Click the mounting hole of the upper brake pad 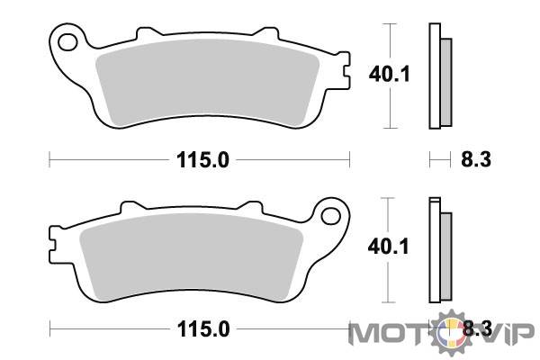tap(67, 42)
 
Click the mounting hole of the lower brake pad tap(330, 216)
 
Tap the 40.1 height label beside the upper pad tap(389, 74)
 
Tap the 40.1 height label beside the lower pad tap(388, 247)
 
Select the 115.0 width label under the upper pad tap(202, 160)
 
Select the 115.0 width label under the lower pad tap(203, 329)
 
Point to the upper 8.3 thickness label tap(476, 160)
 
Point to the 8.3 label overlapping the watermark tap(477, 328)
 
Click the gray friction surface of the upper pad tap(208, 80)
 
